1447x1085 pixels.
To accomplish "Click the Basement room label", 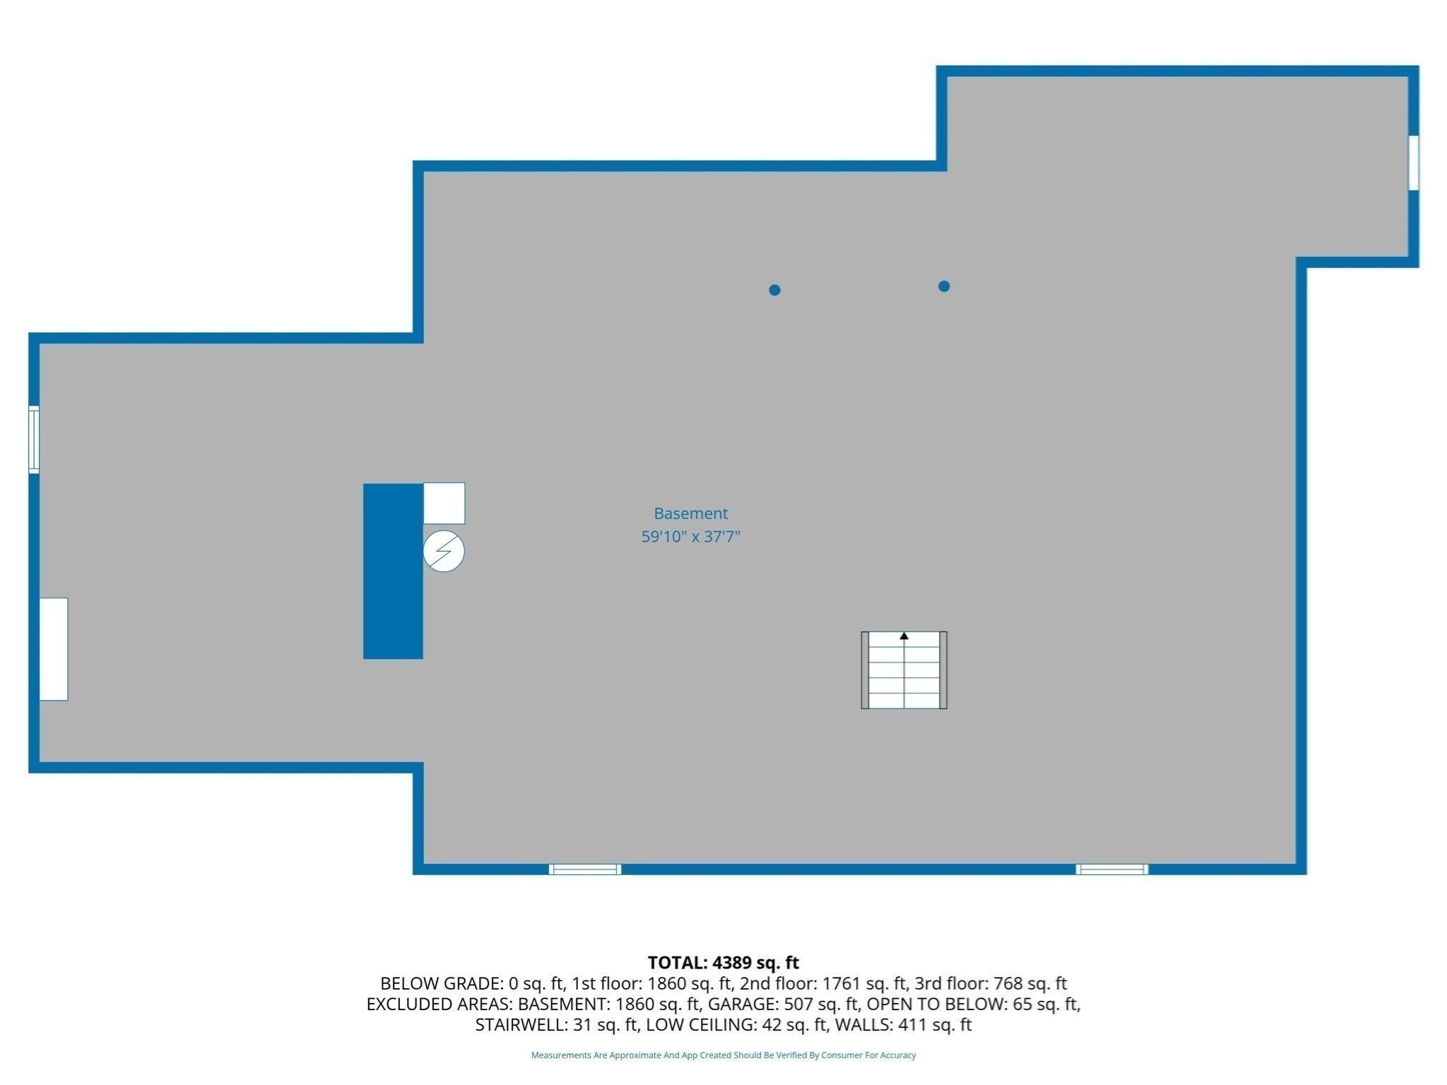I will [690, 514].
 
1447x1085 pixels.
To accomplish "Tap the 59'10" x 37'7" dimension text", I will [690, 537].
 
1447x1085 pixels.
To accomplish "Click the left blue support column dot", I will [774, 290].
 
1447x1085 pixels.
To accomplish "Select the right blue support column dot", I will [944, 286].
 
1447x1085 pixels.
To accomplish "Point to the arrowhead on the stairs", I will [904, 636].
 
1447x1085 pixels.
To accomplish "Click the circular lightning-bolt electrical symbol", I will [444, 551].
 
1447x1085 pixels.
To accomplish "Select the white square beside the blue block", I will [444, 504].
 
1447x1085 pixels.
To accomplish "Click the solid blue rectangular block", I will [393, 571].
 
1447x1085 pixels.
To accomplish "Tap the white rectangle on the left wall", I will [54, 649].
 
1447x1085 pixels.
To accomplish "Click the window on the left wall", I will [33, 439].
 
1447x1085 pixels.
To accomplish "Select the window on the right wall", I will [1413, 162].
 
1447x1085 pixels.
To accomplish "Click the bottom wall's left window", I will [585, 869].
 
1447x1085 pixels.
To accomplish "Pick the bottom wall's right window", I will [1111, 869].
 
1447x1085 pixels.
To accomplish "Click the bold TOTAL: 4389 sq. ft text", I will [723, 962].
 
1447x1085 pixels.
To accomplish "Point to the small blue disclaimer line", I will [723, 1055].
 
